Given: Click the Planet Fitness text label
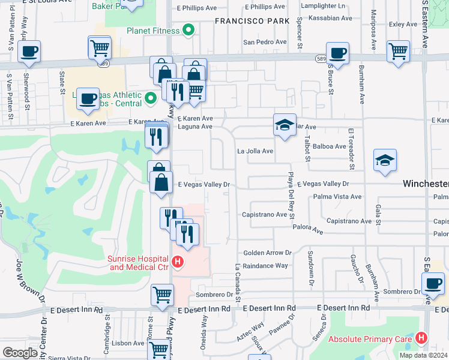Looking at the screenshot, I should pos(153,31).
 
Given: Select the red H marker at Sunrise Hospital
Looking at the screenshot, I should pos(177,262).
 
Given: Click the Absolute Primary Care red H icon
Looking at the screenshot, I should pos(421,338).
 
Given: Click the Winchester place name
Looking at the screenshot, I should pos(425,184).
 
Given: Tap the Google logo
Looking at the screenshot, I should pos(20,353).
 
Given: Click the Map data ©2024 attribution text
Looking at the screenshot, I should pos(423,355).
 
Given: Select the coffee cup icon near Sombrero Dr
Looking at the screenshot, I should pos(433,283).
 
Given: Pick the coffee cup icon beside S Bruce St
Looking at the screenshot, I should pos(337,53).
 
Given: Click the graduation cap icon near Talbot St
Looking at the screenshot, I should pos(285,124).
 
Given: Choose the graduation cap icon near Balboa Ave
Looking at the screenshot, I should pos(385,160).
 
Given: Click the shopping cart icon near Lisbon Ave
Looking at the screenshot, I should pos(158,348).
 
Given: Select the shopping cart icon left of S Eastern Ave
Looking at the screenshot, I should pos(398,51).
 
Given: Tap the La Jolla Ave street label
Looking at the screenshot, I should pos(255,151).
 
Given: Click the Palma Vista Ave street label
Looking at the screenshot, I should pos(337,196).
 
